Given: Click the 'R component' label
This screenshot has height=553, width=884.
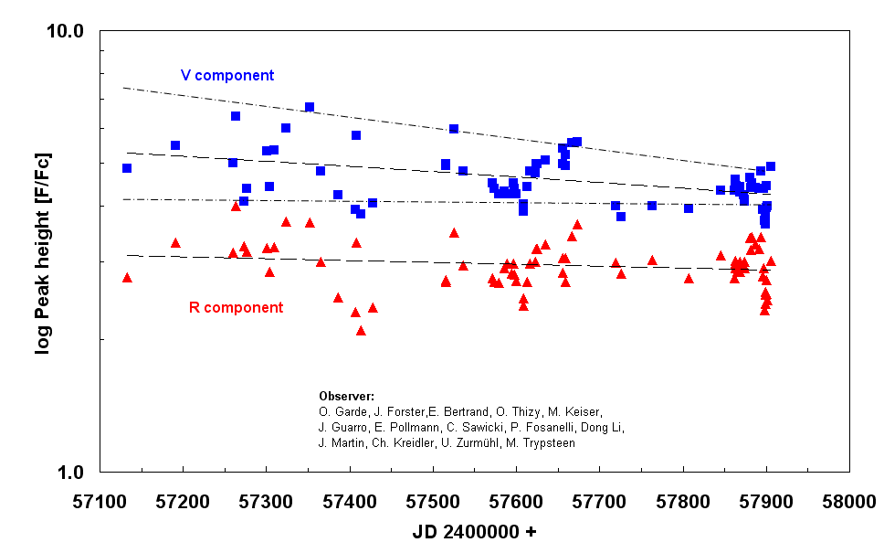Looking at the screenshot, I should [x=236, y=307].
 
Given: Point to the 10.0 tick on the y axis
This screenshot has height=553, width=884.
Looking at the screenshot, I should [x=65, y=31].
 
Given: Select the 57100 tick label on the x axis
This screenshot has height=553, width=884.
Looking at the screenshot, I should [x=100, y=501].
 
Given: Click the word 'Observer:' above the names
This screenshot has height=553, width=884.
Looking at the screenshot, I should [x=346, y=396].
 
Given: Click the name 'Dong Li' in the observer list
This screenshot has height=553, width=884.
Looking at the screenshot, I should [x=605, y=427].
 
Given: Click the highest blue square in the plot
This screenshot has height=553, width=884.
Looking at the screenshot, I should [x=310, y=107].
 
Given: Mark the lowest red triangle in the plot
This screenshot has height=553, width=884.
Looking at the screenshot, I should [x=361, y=330].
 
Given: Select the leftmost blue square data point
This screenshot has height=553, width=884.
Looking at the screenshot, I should [x=127, y=168].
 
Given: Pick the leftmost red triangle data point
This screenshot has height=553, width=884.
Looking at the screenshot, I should [x=127, y=277].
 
